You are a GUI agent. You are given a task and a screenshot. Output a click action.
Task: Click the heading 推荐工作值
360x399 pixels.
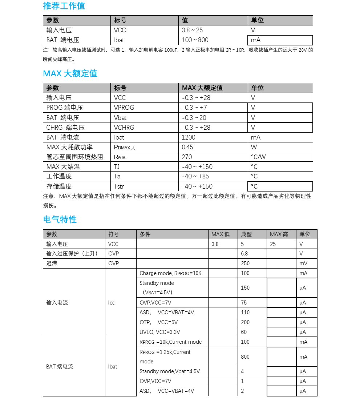[x=64, y=6]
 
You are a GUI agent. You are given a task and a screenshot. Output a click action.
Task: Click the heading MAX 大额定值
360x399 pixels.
[x=70, y=73]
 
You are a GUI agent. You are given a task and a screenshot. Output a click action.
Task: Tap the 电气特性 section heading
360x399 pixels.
[x=60, y=219]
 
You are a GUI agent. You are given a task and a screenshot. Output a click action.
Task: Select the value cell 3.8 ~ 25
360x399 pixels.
[x=192, y=30]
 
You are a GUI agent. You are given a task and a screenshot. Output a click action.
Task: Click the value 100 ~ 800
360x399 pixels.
[x=195, y=40]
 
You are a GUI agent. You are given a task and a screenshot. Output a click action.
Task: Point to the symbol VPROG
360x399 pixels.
[x=124, y=108]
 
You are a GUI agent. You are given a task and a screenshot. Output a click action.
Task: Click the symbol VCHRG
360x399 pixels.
[x=124, y=128]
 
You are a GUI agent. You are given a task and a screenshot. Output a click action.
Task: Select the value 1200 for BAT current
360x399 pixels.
[x=189, y=137]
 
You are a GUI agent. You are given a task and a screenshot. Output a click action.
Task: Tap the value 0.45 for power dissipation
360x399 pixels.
[x=187, y=147]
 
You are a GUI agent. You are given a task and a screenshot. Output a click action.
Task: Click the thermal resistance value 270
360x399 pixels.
[x=187, y=157]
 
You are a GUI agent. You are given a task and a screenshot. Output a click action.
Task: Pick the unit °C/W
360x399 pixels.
[x=258, y=157]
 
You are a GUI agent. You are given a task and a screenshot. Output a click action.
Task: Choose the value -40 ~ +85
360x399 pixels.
[x=196, y=176]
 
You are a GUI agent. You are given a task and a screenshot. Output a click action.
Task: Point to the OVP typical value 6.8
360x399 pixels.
[x=244, y=254]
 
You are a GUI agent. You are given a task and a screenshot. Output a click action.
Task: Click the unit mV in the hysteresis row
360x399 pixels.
[x=303, y=263]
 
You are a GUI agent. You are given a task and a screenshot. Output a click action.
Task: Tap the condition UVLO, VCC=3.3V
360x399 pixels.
[x=160, y=332]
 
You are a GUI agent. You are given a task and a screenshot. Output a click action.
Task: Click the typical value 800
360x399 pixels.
[x=245, y=357]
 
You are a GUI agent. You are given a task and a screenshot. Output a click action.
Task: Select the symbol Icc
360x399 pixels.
[x=112, y=303]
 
